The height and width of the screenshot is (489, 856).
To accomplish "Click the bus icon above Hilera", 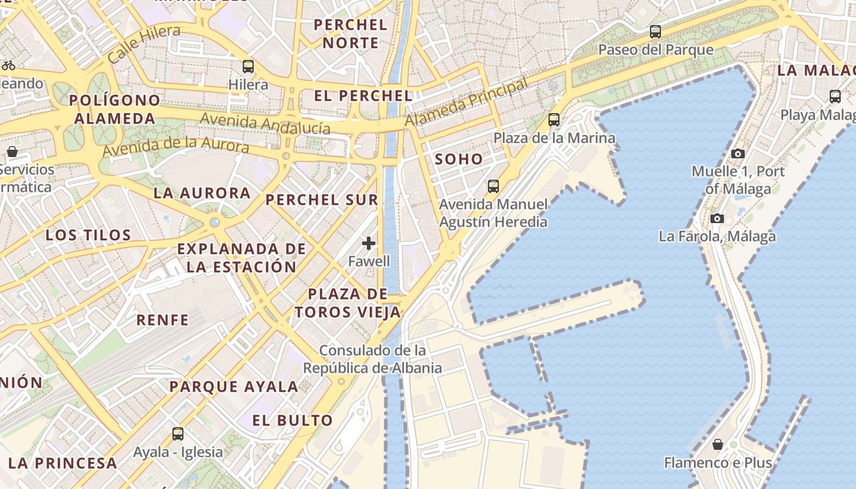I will click(248, 67).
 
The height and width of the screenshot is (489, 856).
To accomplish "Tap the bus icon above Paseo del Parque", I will click(655, 32).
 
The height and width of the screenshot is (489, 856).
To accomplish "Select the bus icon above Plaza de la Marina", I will click(554, 120).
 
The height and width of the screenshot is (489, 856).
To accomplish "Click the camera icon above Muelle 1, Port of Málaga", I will click(738, 154).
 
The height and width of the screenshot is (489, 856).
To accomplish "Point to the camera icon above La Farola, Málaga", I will click(717, 218).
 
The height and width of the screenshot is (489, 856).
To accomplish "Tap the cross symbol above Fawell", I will click(369, 243).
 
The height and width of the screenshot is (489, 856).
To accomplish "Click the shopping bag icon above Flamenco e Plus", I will click(718, 444).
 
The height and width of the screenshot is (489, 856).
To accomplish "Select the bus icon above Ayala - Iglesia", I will click(178, 434).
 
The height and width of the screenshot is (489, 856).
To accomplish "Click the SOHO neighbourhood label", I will click(459, 160).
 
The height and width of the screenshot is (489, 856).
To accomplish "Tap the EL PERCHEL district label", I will click(363, 96).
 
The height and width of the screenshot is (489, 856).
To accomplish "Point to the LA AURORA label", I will click(202, 193).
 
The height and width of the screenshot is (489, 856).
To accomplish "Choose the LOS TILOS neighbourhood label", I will click(89, 235).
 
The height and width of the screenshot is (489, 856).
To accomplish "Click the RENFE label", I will click(163, 320).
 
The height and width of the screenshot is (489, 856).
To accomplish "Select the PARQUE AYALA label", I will click(234, 386).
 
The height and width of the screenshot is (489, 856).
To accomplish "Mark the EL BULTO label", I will click(292, 421).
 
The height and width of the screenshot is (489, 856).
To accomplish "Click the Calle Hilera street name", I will click(144, 43).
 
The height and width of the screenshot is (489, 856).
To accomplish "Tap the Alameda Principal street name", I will click(466, 102).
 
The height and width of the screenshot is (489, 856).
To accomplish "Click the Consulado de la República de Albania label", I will click(372, 359).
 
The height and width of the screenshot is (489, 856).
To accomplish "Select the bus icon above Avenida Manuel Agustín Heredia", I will click(493, 186).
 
